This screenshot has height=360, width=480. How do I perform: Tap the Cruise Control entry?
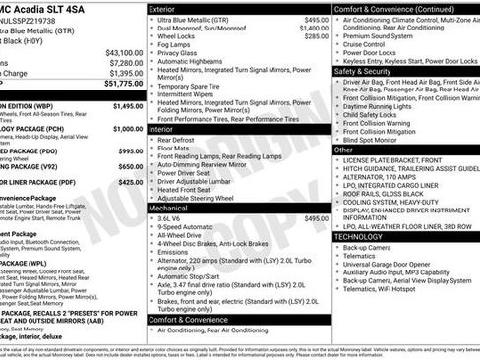pyautogui.click(x=365, y=44)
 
